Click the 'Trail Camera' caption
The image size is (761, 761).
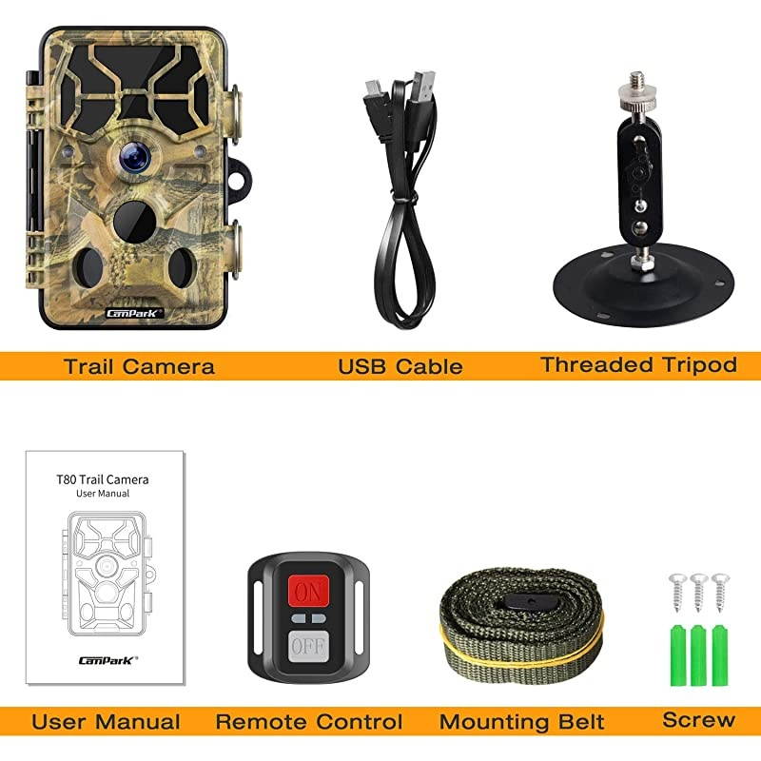point(139,366)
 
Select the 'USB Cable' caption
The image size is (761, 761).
point(400,366)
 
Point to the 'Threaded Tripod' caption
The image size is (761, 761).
point(638,364)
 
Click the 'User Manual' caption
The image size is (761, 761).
point(106,722)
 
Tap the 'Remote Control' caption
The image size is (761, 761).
point(309,722)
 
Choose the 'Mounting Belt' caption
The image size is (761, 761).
point(521,722)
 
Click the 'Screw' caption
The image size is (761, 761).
point(698,720)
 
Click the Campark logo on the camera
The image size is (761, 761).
point(135,310)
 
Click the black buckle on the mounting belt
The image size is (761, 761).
point(521,601)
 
